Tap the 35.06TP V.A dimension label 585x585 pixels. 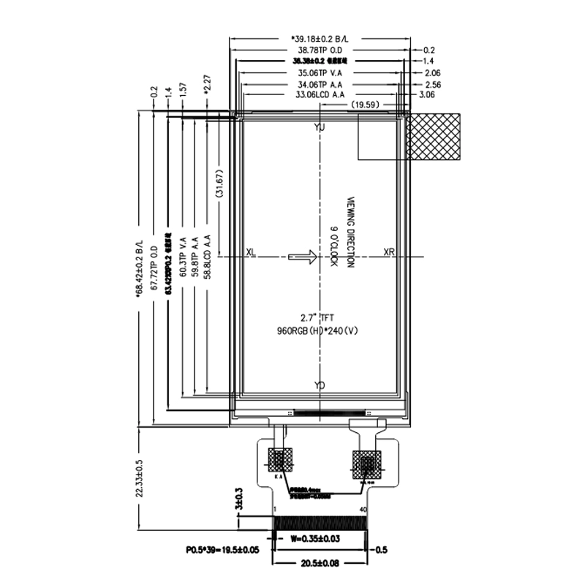[x=322, y=73]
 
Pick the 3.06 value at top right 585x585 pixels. [x=429, y=95]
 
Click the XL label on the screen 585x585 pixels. [x=251, y=252]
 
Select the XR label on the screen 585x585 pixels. [x=389, y=252]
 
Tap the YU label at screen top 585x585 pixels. [x=319, y=128]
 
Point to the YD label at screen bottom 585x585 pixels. [x=320, y=385]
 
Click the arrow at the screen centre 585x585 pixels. [x=301, y=256]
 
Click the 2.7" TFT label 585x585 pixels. [x=317, y=318]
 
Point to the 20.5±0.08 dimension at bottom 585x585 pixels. [x=320, y=562]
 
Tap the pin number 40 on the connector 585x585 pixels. [x=363, y=509]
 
